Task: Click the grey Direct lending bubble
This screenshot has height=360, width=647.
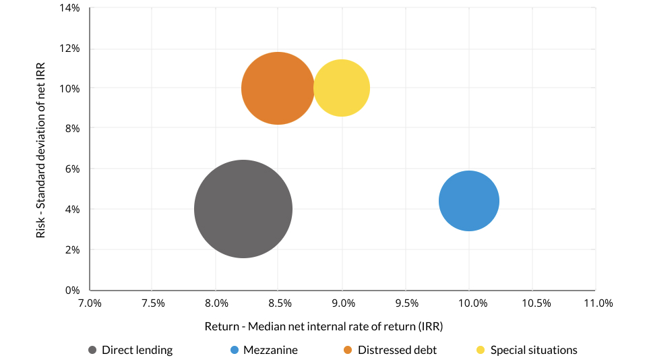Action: pos(243,209)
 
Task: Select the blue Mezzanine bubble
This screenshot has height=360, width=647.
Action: pos(469,201)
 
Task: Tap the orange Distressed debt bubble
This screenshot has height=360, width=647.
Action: pos(277,88)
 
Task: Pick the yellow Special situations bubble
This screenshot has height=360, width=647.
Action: pos(342,88)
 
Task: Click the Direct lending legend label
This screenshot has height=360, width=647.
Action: pos(137,350)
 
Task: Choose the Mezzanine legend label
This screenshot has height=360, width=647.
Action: pos(270,350)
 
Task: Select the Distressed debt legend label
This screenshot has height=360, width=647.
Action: pos(397,350)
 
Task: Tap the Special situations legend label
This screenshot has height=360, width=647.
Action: pos(534,350)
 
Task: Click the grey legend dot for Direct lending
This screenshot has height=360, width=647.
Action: pos(92,350)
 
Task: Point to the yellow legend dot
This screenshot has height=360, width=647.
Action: pos(481,350)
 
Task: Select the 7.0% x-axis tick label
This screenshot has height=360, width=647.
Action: pos(90,303)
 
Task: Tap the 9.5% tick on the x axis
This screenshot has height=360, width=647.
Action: pos(406,303)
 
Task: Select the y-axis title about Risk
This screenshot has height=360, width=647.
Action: pos(42,149)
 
